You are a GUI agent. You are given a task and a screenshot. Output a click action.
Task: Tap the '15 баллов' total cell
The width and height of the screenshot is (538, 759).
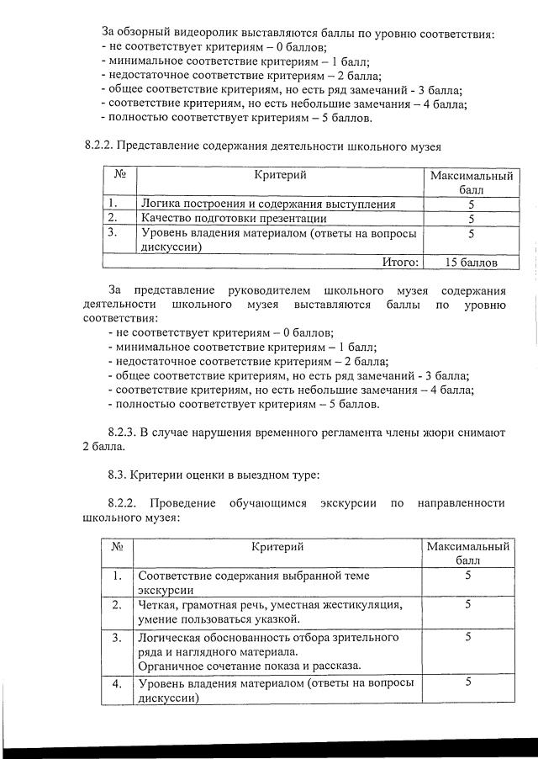pyautogui.click(x=471, y=263)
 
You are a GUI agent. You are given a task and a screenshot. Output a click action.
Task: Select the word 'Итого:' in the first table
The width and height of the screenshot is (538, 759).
pyautogui.click(x=400, y=263)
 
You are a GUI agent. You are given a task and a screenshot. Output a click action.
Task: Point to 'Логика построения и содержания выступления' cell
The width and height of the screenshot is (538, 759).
pyautogui.click(x=267, y=204)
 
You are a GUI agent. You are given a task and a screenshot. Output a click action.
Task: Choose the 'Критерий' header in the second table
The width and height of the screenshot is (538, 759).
pyautogui.click(x=277, y=547)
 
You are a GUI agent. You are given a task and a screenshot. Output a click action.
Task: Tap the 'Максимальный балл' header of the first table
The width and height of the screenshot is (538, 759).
pyautogui.click(x=471, y=183)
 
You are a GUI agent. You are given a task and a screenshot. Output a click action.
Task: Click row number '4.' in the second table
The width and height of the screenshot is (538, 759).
pyautogui.click(x=118, y=683)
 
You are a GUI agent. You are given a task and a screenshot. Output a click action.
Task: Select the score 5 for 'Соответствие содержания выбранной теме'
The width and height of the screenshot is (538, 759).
pyautogui.click(x=468, y=576)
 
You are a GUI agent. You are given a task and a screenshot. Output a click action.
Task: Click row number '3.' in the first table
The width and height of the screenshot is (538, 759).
pyautogui.click(x=112, y=232)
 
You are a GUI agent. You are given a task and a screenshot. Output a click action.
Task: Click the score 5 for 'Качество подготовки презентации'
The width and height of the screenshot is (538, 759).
pyautogui.click(x=471, y=219)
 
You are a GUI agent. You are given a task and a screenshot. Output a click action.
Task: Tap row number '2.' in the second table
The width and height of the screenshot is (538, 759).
pyautogui.click(x=118, y=605)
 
